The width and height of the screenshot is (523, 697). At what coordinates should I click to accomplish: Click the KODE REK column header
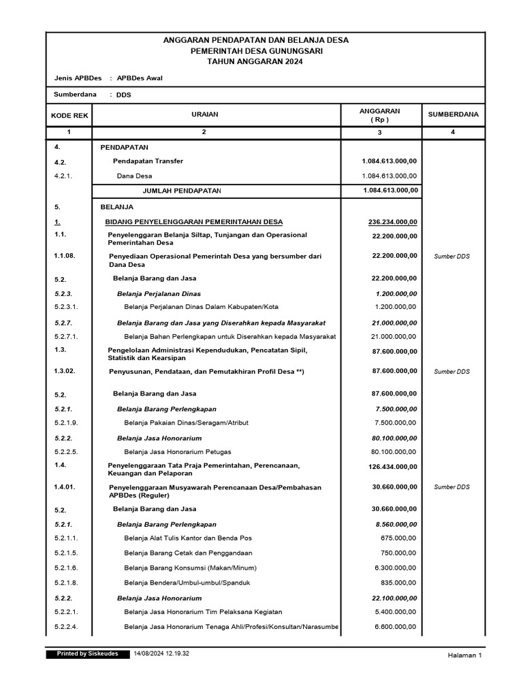click(69, 115)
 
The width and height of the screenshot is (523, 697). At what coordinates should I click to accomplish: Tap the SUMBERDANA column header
click(453, 115)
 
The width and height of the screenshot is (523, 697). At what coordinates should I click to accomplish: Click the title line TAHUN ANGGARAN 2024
click(255, 61)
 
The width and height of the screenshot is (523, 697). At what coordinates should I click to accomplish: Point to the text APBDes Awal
click(140, 78)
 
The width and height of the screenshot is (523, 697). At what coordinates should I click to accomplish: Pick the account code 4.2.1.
click(63, 176)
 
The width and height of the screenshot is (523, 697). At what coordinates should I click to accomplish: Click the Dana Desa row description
click(135, 176)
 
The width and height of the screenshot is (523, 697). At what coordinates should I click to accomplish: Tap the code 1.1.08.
click(65, 256)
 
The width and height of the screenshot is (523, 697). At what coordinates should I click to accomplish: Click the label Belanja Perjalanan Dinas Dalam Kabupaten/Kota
click(201, 306)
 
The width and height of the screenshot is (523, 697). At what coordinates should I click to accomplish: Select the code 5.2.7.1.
click(66, 336)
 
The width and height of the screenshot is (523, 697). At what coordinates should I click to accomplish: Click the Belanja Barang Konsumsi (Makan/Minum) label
click(190, 568)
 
